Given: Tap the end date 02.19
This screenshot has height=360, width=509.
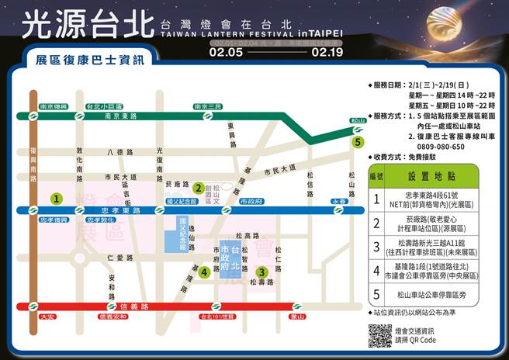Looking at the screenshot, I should [x=327, y=54].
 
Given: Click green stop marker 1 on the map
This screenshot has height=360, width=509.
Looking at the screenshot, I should [x=56, y=198].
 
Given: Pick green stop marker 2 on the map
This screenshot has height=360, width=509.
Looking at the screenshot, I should [x=199, y=187].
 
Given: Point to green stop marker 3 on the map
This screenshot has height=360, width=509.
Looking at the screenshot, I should [x=262, y=272].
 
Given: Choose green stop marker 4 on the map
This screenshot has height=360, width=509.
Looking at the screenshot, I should [x=203, y=272].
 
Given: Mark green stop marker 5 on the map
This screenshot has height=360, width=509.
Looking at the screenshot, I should [x=357, y=142].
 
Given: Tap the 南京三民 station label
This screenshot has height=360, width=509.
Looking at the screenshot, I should [x=208, y=106].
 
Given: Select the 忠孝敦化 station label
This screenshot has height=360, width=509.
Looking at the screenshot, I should [x=99, y=220].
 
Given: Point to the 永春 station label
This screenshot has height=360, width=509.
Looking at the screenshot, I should [x=339, y=201].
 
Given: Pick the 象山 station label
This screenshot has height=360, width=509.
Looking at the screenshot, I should [x=297, y=317].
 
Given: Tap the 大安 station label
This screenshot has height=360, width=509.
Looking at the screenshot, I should [x=47, y=317].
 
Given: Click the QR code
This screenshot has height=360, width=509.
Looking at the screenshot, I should [x=379, y=336].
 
